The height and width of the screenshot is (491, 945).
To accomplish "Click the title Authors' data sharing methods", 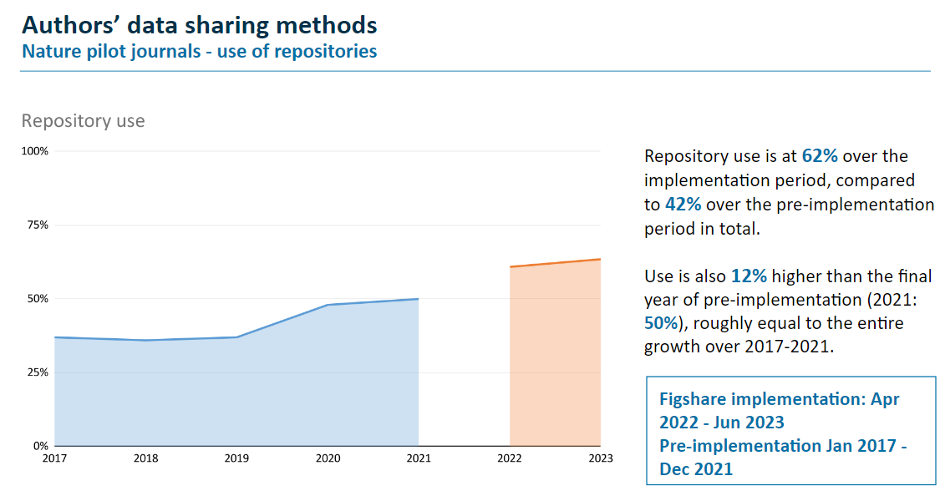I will tap(199, 25).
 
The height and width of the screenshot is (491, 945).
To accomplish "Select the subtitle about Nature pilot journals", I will tap(199, 52).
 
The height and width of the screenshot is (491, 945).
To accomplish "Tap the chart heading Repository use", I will tap(83, 121).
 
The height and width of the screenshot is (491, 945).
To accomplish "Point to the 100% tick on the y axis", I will tap(35, 151).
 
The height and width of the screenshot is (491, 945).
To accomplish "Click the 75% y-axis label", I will tap(38, 225).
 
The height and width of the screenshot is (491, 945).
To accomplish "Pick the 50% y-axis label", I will tap(38, 298).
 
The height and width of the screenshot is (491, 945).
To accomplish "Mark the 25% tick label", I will tap(38, 372).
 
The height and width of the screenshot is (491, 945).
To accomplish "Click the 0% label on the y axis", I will tap(40, 445).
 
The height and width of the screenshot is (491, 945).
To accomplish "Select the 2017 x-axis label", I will tap(54, 458).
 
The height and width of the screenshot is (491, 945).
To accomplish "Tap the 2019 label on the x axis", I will tap(236, 458).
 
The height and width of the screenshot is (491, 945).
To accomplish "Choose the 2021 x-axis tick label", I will tap(419, 458).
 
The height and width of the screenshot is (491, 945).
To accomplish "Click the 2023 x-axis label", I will tap(600, 458).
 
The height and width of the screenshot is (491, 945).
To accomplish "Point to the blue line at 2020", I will tap(328, 305).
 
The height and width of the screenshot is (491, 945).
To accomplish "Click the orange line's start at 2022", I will tap(511, 267).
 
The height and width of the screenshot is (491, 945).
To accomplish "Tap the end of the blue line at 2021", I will tap(418, 299).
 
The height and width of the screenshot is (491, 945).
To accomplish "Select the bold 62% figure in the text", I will tap(820, 156).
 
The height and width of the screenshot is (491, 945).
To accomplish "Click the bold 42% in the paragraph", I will tap(683, 205).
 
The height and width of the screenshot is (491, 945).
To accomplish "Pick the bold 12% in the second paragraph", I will tap(749, 276).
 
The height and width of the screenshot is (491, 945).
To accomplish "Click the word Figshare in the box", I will tap(695, 399).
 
